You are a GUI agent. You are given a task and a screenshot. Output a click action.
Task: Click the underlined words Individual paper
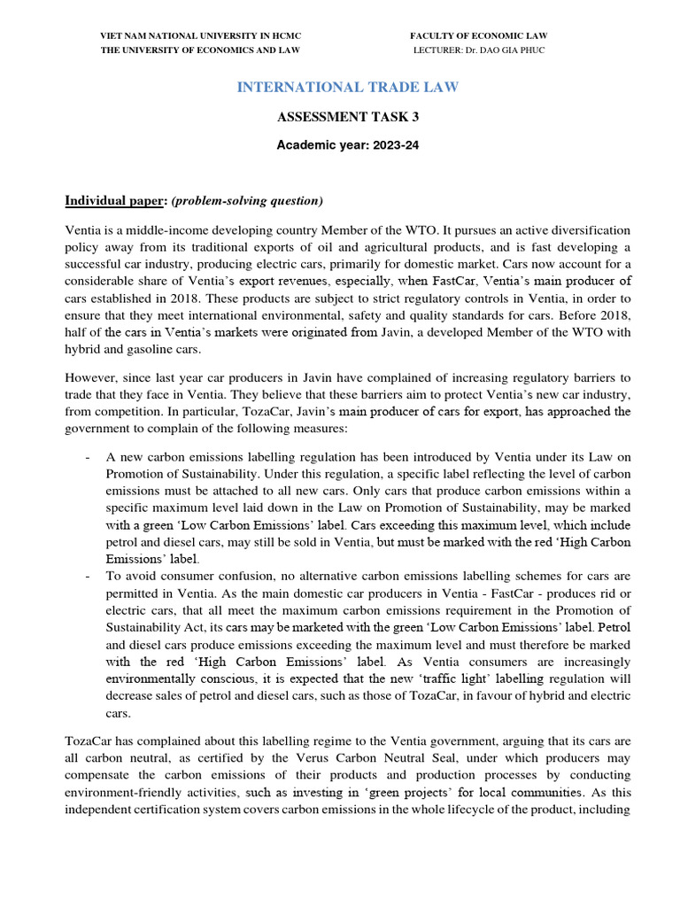coord(106,199)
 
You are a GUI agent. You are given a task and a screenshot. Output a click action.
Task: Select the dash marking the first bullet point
coord(86,458)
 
